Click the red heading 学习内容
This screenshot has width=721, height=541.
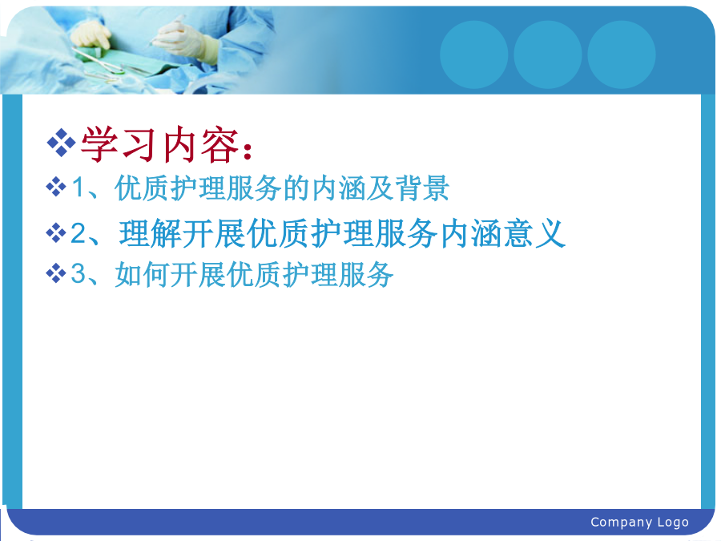click(x=160, y=144)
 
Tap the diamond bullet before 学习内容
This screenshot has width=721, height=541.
click(x=61, y=143)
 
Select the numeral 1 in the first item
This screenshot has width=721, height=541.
click(x=79, y=188)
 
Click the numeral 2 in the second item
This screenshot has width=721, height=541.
click(x=79, y=233)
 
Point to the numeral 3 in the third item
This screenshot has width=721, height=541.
click(x=79, y=273)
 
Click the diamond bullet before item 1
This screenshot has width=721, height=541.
click(x=56, y=187)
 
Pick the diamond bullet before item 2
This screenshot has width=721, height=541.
click(x=56, y=232)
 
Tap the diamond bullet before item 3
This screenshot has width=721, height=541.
click(x=56, y=273)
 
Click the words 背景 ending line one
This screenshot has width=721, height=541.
click(x=422, y=188)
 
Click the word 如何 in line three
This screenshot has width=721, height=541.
click(x=142, y=274)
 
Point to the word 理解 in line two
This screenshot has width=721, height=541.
click(x=151, y=233)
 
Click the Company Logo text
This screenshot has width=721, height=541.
click(x=639, y=522)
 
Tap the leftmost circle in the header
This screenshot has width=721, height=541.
click(x=474, y=55)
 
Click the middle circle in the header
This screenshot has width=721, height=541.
click(x=548, y=55)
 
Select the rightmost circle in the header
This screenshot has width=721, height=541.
click(x=622, y=55)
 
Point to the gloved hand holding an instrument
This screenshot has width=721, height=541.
click(x=184, y=39)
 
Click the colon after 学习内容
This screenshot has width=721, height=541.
click(x=248, y=151)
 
